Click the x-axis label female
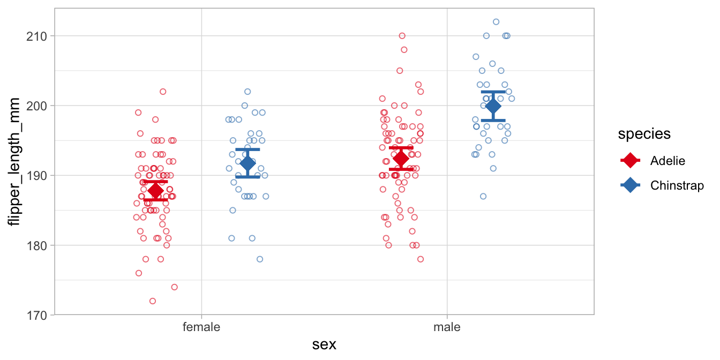[x=201, y=327]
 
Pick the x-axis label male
[x=447, y=327]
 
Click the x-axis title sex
[x=324, y=344]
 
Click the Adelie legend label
[x=667, y=160]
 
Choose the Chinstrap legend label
[x=677, y=185]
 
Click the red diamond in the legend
[x=631, y=160]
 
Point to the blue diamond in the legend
[x=631, y=185]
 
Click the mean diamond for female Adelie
[x=155, y=191]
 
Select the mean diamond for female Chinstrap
[x=247, y=163]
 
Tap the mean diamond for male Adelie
[x=401, y=159]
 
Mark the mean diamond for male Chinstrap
[x=493, y=106]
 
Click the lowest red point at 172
[x=153, y=301]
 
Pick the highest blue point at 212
[x=496, y=22]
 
